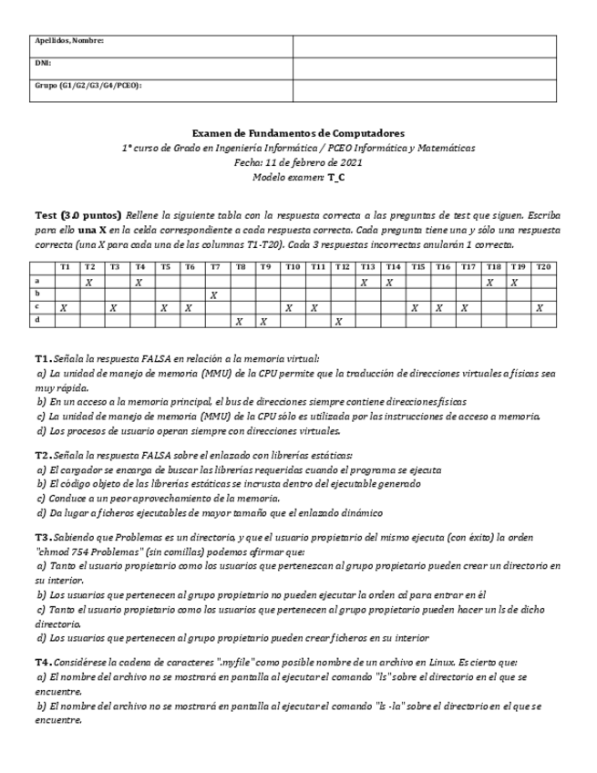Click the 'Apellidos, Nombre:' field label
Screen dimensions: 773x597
(x=69, y=41)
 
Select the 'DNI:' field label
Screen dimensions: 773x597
(x=42, y=63)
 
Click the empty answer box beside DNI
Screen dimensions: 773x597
(x=424, y=64)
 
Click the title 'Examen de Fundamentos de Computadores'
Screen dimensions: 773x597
(x=298, y=133)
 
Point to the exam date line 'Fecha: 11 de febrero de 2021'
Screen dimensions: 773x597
(x=298, y=161)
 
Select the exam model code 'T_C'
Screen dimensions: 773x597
(x=335, y=176)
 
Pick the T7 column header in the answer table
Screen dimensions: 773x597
(x=213, y=266)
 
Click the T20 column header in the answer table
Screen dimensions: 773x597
(x=542, y=266)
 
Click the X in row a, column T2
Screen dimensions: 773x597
(x=88, y=283)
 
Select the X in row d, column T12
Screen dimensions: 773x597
(x=338, y=321)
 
